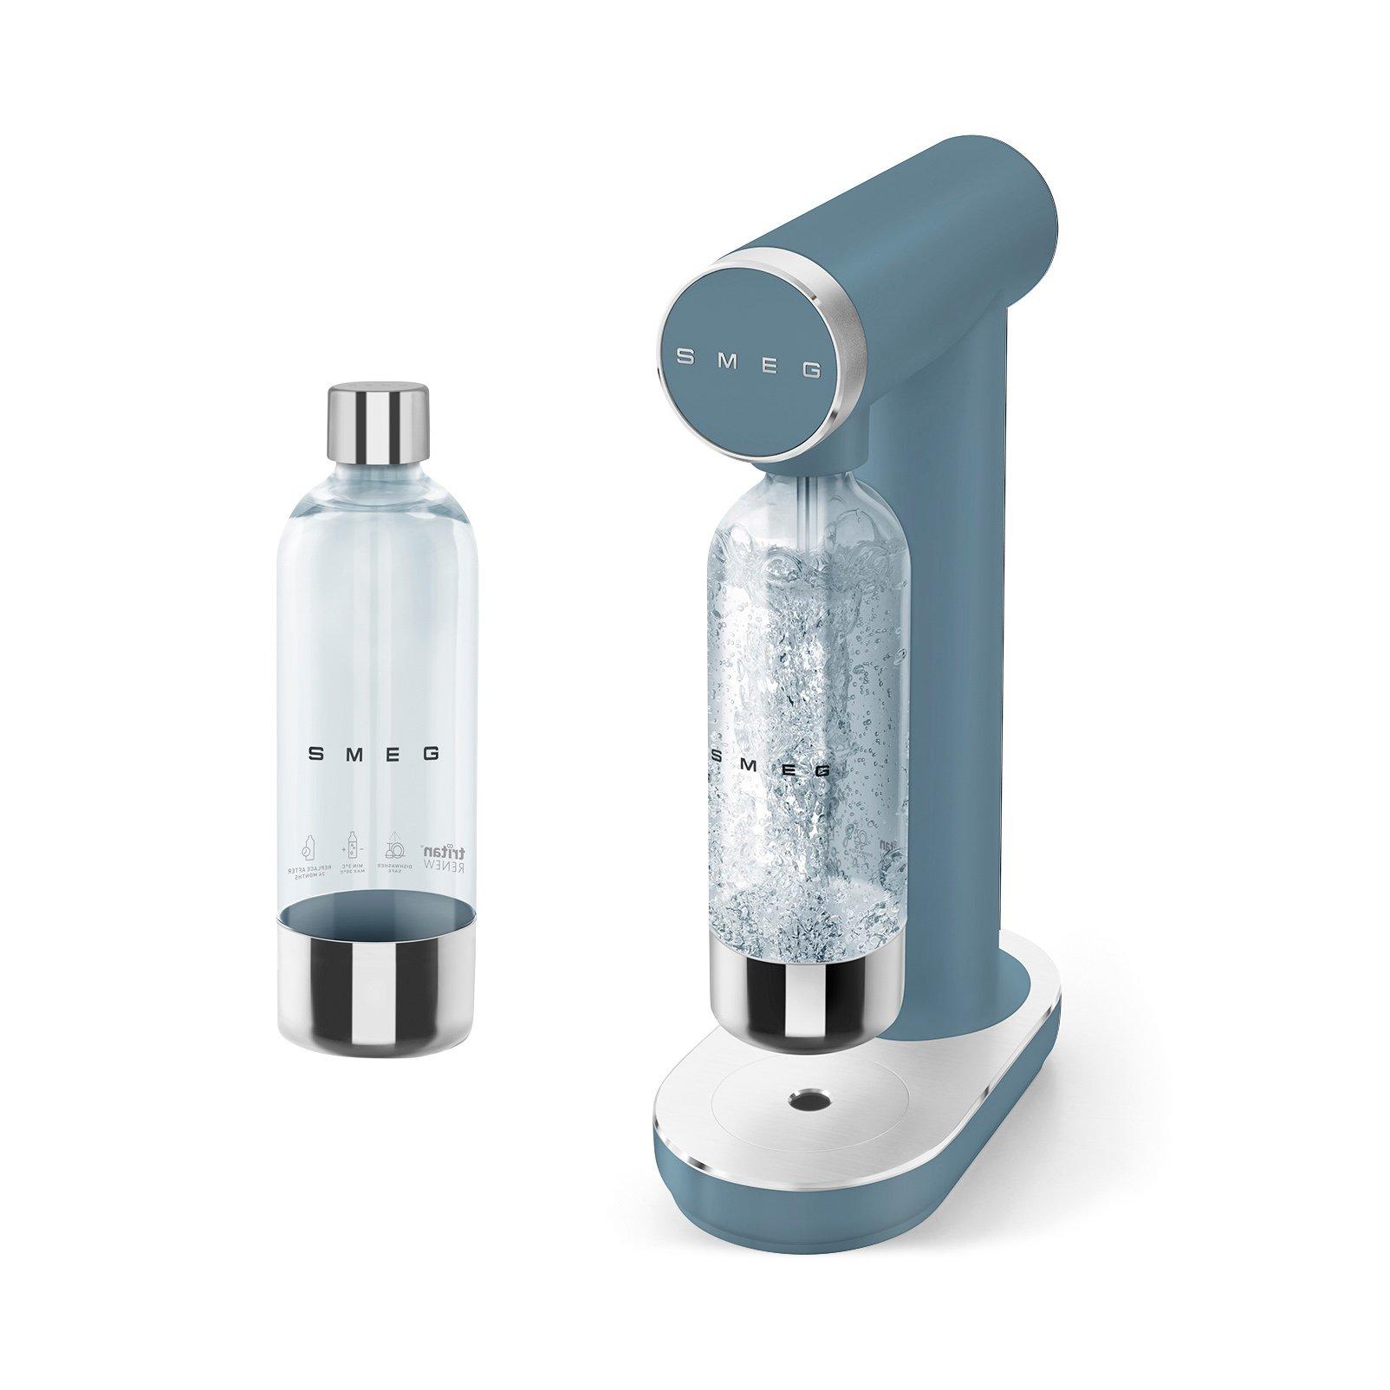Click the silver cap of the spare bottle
[378, 425]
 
